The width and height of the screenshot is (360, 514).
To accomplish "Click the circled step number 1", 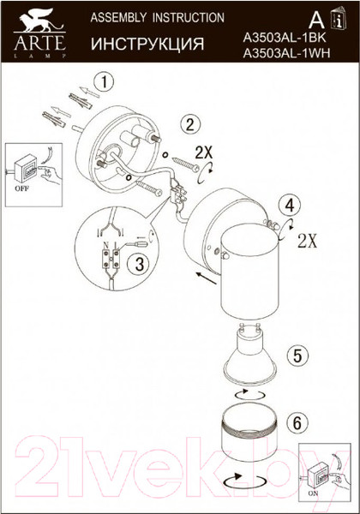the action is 104,82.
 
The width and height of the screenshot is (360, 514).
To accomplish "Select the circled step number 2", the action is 190,125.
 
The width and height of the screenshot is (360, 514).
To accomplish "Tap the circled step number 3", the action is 140,265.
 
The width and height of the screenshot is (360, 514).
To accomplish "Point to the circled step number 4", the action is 289,206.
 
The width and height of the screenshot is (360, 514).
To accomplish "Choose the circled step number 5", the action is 297,356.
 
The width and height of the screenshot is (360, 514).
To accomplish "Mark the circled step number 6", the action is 297,422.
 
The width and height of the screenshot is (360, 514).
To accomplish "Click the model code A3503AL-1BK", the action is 285,39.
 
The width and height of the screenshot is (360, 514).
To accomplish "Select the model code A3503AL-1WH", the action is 286,53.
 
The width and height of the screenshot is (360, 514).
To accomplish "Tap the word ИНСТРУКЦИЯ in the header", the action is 147,45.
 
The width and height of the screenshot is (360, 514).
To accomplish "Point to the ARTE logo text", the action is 39,43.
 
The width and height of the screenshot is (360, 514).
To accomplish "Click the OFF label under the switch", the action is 21,188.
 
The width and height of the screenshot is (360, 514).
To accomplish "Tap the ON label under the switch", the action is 313,502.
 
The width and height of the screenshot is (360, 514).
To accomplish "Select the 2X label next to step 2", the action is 204,152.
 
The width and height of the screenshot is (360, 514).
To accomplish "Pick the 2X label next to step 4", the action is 308,242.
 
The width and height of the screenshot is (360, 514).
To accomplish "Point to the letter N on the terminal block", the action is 105,245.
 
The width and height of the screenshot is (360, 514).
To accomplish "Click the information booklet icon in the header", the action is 339,18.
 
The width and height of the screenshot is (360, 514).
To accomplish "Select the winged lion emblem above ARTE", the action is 40,21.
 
